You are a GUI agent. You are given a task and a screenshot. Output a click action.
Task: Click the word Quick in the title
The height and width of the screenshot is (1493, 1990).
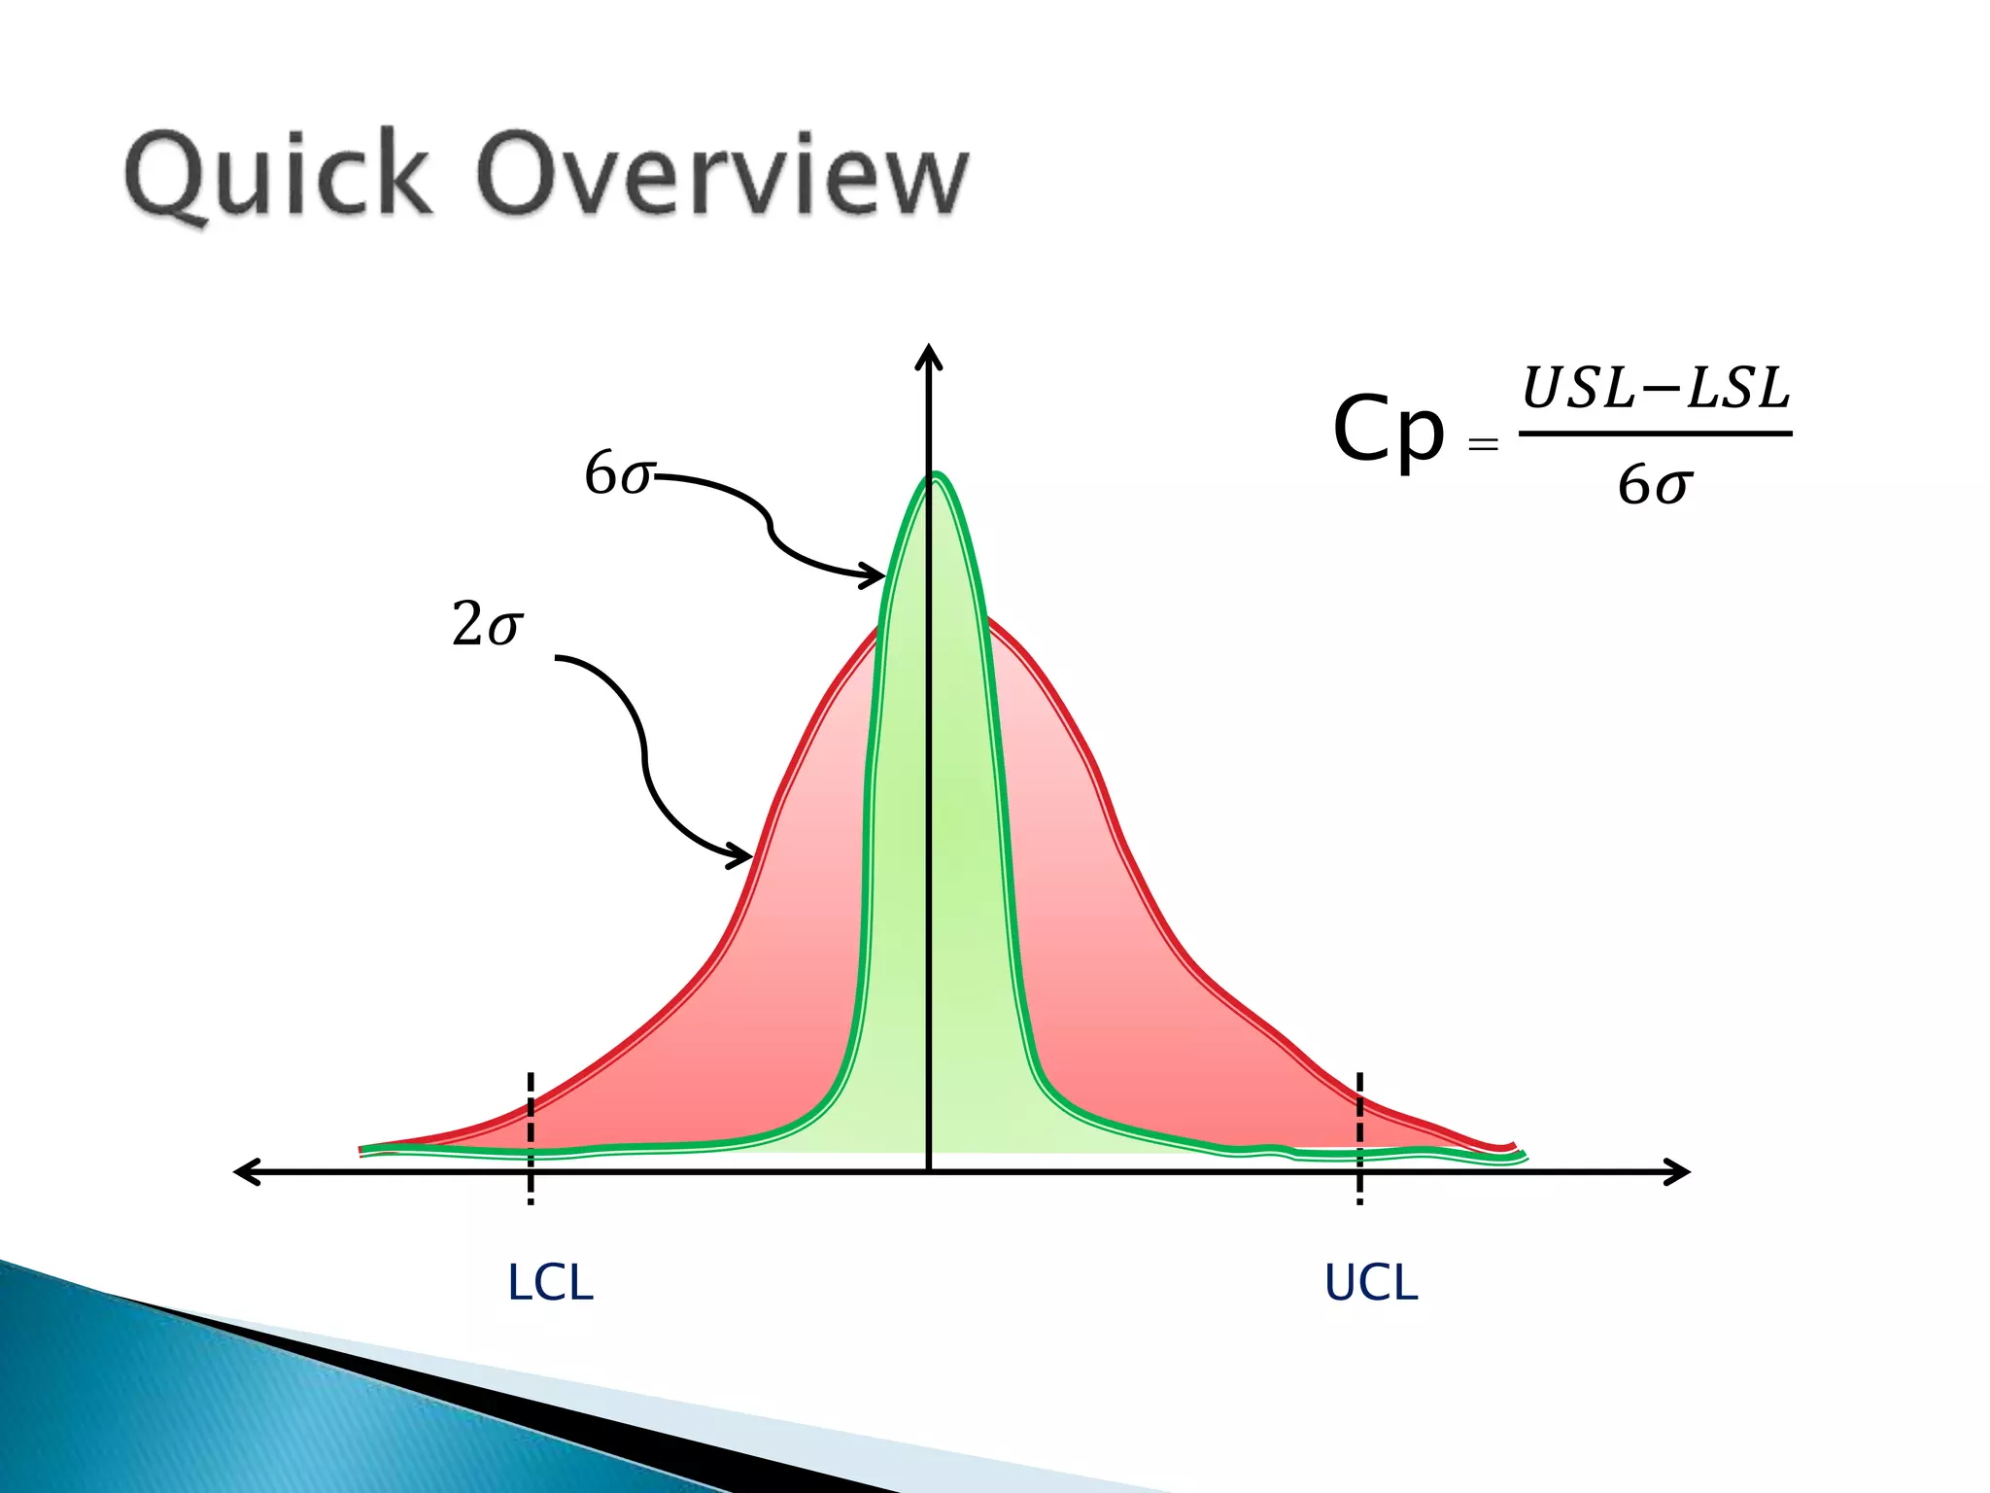[x=278, y=175]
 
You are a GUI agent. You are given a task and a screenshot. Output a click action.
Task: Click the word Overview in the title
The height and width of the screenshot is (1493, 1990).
[x=724, y=175]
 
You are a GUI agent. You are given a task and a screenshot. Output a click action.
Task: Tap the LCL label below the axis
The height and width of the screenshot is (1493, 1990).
[x=550, y=1283]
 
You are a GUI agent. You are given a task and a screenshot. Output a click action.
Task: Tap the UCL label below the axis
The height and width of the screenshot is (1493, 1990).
[x=1371, y=1283]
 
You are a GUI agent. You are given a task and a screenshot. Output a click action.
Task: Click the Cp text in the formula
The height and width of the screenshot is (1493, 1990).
[x=1388, y=430]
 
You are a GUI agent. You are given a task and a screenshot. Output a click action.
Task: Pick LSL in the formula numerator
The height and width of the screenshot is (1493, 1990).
[x=1738, y=389]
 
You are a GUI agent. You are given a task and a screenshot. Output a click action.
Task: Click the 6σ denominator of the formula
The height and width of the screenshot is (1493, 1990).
[x=1655, y=484]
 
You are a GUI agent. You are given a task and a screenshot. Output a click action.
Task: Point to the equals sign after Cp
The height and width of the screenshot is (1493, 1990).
[x=1483, y=445]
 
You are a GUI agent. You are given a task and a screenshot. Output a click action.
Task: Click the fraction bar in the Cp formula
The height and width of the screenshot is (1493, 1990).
[x=1655, y=434]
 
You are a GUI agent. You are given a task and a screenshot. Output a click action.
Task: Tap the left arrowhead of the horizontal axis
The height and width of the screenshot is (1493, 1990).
[x=245, y=1171]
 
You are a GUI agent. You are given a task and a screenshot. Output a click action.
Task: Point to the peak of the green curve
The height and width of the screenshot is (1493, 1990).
[x=936, y=475]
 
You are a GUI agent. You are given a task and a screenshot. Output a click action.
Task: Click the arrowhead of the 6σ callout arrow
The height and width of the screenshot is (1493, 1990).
[x=877, y=576]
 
